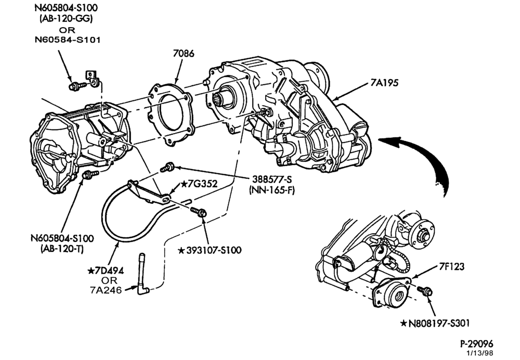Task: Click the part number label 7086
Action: [184, 54]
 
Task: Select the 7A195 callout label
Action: [384, 83]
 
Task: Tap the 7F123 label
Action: [452, 266]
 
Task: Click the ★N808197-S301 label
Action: [435, 323]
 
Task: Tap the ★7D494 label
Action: [106, 271]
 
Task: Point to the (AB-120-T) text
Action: [62, 249]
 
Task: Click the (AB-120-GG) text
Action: [67, 18]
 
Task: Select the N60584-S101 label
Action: [68, 40]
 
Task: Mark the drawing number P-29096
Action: [477, 343]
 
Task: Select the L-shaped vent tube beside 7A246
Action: [143, 274]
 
